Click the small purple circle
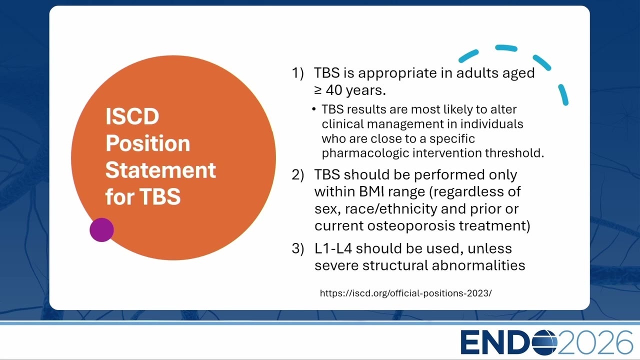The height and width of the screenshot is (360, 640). coord(101,230)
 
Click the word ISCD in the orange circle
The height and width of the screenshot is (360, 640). coord(132,116)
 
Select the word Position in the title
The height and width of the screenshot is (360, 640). coord(147,143)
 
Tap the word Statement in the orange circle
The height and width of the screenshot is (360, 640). coord(160,170)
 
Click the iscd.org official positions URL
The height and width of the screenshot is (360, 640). coord(405,293)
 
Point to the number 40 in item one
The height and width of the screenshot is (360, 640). coord(334,90)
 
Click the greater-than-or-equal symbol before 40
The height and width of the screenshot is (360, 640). coord(318,90)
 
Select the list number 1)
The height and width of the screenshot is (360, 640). coord(297,73)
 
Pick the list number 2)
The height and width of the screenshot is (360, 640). coord(297,174)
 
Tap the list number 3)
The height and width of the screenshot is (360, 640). coord(297,248)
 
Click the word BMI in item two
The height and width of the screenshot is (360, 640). coord(371,191)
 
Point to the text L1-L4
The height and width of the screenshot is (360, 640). coord(333,248)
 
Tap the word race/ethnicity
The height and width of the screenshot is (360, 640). coord(391,209)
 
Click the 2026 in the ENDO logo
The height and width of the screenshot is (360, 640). coord(595,342)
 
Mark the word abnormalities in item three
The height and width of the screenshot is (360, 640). coord(478,265)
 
